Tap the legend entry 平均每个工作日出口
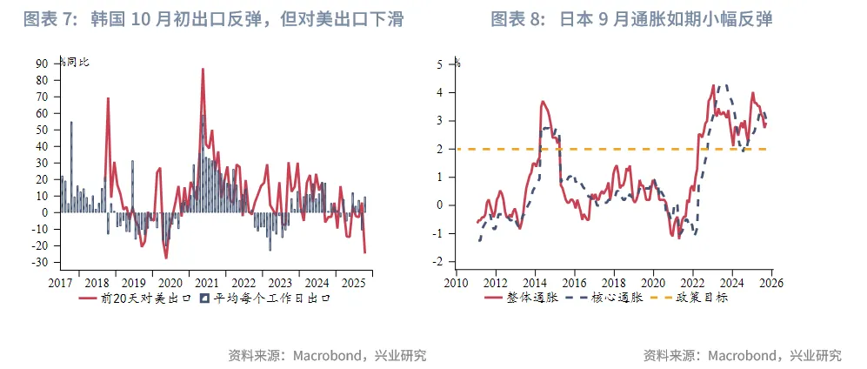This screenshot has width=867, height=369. coord(264,298)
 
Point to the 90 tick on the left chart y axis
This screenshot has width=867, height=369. coord(42,64)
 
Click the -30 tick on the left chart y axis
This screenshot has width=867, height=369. coord(39,262)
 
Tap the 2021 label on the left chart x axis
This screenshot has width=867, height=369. coord(206,282)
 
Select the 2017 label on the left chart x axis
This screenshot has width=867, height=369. coord(60,282)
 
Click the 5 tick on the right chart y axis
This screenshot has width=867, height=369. coord(441,64)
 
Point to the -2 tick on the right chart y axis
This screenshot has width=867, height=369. coord(439,262)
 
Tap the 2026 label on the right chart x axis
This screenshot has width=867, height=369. coord(770,282)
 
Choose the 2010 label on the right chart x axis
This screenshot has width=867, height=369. coord(456,282)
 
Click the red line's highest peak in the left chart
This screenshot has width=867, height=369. coord(203,69)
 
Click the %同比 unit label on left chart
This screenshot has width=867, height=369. coord(75,62)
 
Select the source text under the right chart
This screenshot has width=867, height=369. coord(742,355)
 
